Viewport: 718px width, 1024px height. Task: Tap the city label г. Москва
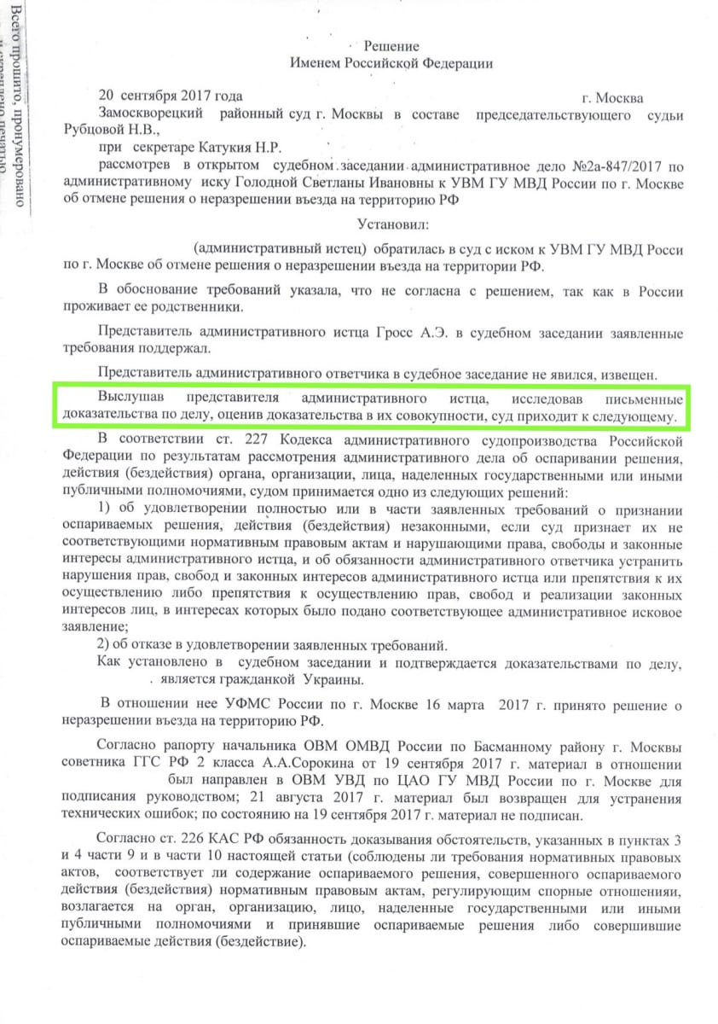pos(611,97)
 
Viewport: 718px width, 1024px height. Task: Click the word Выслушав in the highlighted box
pos(128,399)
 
